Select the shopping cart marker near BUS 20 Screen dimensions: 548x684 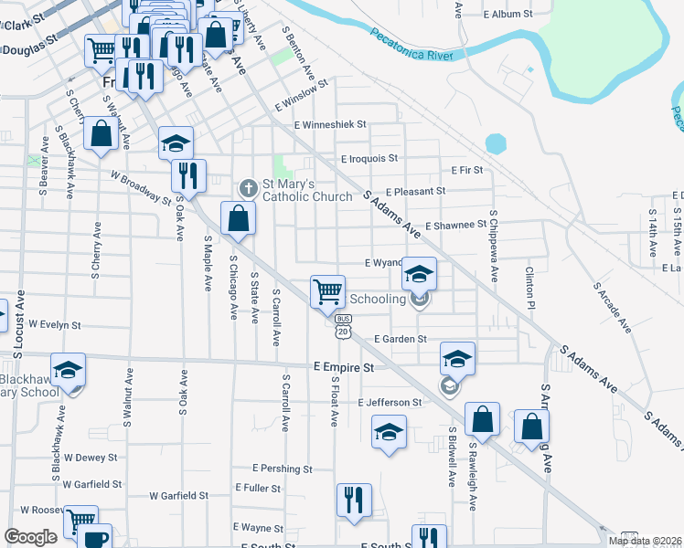327,293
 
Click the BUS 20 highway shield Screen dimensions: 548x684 343,326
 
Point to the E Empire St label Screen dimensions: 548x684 344,367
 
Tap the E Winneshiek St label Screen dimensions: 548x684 329,124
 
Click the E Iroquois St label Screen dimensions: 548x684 369,158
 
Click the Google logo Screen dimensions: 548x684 30,537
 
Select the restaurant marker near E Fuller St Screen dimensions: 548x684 354,501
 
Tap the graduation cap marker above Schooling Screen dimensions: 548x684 419,273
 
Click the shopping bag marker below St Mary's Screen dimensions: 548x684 238,219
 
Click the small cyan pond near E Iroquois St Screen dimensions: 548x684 496,143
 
